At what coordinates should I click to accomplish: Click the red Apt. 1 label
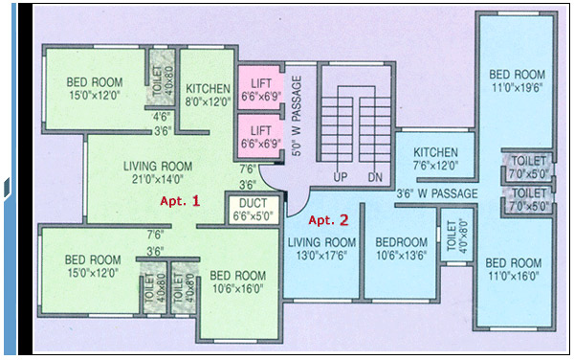pos(180,201)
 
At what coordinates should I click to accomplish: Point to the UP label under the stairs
pos(339,178)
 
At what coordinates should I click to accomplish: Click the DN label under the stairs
pos(374,178)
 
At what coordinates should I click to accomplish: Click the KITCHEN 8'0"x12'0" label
pos(208,91)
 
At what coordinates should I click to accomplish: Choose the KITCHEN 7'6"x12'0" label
pos(435,157)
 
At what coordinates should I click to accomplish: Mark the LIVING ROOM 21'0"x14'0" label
pos(158,170)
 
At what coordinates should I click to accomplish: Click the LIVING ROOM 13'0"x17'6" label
pos(321,248)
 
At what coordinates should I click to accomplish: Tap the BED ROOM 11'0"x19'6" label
pos(517,80)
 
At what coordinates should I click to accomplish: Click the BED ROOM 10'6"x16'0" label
pos(238,281)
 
